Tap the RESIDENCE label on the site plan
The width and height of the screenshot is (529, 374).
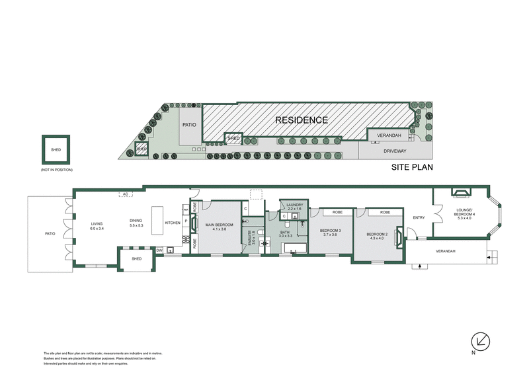(x=301, y=120)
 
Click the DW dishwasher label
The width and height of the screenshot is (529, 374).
(x=159, y=250)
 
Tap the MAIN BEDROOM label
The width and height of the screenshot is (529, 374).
(x=218, y=227)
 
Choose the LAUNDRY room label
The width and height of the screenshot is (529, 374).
(x=295, y=207)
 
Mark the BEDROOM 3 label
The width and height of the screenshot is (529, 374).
(x=330, y=233)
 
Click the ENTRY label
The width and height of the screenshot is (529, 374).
(x=418, y=217)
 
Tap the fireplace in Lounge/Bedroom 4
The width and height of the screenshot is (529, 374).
(x=461, y=192)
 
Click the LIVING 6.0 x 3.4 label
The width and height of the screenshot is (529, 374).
(x=97, y=227)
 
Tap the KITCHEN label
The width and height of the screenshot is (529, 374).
(x=173, y=223)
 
